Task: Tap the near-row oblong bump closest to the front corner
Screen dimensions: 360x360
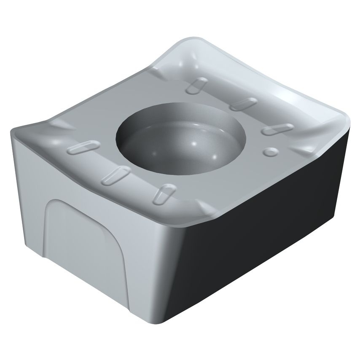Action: (161, 194)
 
